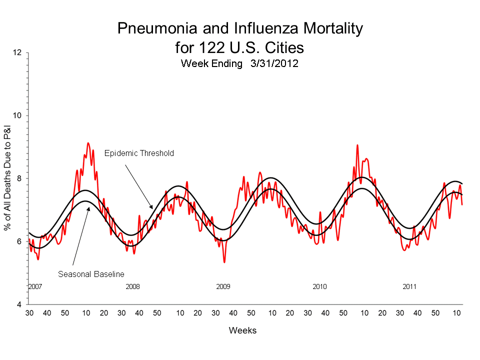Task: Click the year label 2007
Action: [34, 286]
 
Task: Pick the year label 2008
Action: [132, 286]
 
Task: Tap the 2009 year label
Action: [223, 286]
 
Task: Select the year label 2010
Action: [319, 286]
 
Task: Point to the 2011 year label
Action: [409, 286]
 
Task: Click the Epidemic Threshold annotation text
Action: [139, 153]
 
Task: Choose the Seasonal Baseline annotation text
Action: [91, 274]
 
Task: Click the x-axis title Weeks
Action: [242, 330]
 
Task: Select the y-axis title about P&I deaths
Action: [8, 178]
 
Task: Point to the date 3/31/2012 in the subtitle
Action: [270, 63]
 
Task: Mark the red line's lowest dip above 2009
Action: [224, 262]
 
